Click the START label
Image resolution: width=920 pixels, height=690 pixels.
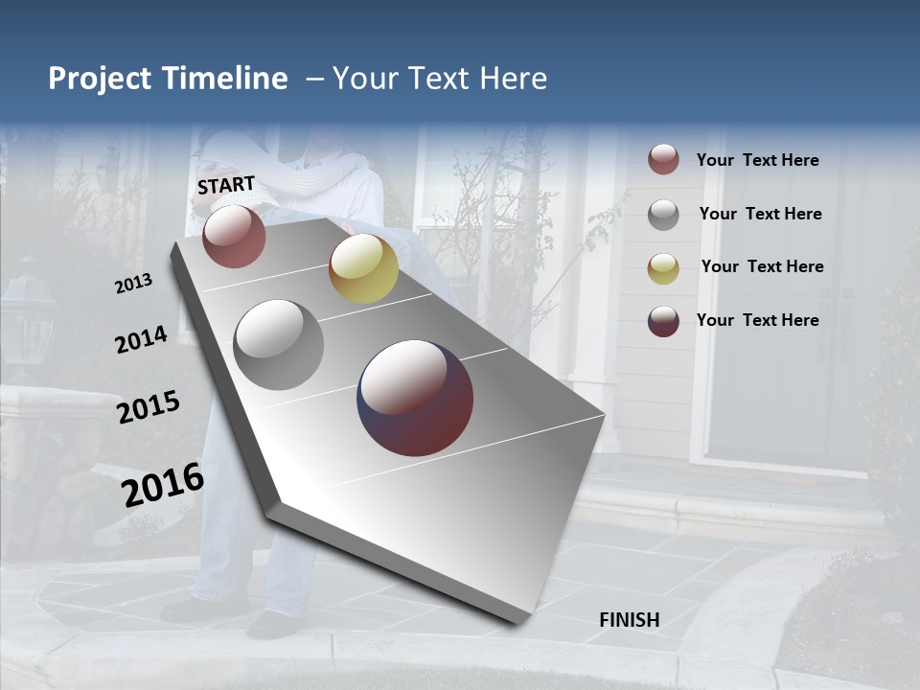226,185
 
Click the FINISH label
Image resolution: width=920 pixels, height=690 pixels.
629,619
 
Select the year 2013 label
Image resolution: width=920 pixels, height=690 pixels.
133,284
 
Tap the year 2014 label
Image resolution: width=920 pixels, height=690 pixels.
141,340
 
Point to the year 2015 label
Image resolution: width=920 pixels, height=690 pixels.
148,407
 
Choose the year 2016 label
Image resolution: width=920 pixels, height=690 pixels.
163,484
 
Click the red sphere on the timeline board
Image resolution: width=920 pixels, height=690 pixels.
234,236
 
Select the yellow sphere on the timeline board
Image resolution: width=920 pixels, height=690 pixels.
363,268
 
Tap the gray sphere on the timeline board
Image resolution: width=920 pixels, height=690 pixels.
279,345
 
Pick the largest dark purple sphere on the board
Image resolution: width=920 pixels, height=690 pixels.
415,398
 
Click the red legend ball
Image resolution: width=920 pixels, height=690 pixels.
663,160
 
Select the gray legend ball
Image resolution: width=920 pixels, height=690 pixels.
663,214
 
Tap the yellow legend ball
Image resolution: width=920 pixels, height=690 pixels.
663,267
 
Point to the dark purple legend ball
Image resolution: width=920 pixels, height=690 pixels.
663,321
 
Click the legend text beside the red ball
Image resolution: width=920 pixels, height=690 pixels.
757,160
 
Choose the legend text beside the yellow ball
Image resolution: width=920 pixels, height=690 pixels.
762,266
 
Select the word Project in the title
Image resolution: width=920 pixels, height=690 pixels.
100,79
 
